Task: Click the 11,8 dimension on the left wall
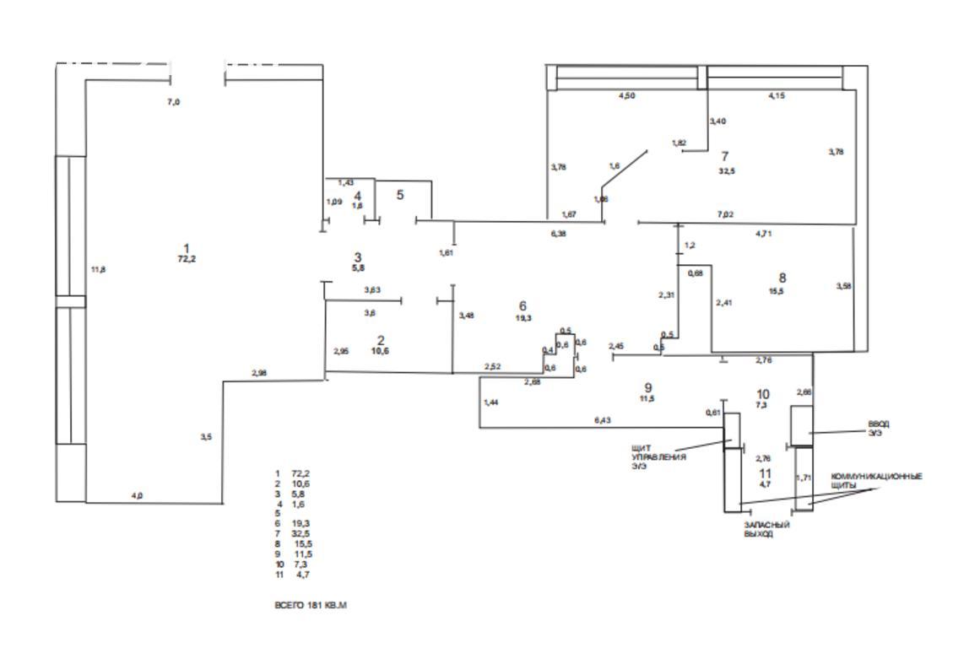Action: pos(98,269)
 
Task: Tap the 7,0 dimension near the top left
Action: pos(174,101)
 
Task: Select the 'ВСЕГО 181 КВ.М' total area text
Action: pos(311,605)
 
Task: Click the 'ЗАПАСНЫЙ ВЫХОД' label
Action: pos(766,529)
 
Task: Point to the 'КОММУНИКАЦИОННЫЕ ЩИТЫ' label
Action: pos(876,481)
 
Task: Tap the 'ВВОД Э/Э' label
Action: pos(855,428)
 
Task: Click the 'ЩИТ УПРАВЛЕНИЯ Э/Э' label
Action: pos(658,456)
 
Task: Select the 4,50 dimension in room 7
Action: pos(626,96)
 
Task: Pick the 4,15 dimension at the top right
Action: pos(777,96)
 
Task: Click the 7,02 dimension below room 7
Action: pos(725,214)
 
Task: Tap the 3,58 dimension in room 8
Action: pos(843,286)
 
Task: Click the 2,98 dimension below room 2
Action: pos(258,372)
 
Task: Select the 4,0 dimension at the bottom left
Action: pos(137,495)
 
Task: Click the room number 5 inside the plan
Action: pos(400,195)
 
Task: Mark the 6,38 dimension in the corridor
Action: pos(558,233)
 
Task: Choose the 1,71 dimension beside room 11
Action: pos(804,478)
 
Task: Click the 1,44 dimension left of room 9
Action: pos(491,402)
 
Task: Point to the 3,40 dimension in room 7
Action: pos(717,121)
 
